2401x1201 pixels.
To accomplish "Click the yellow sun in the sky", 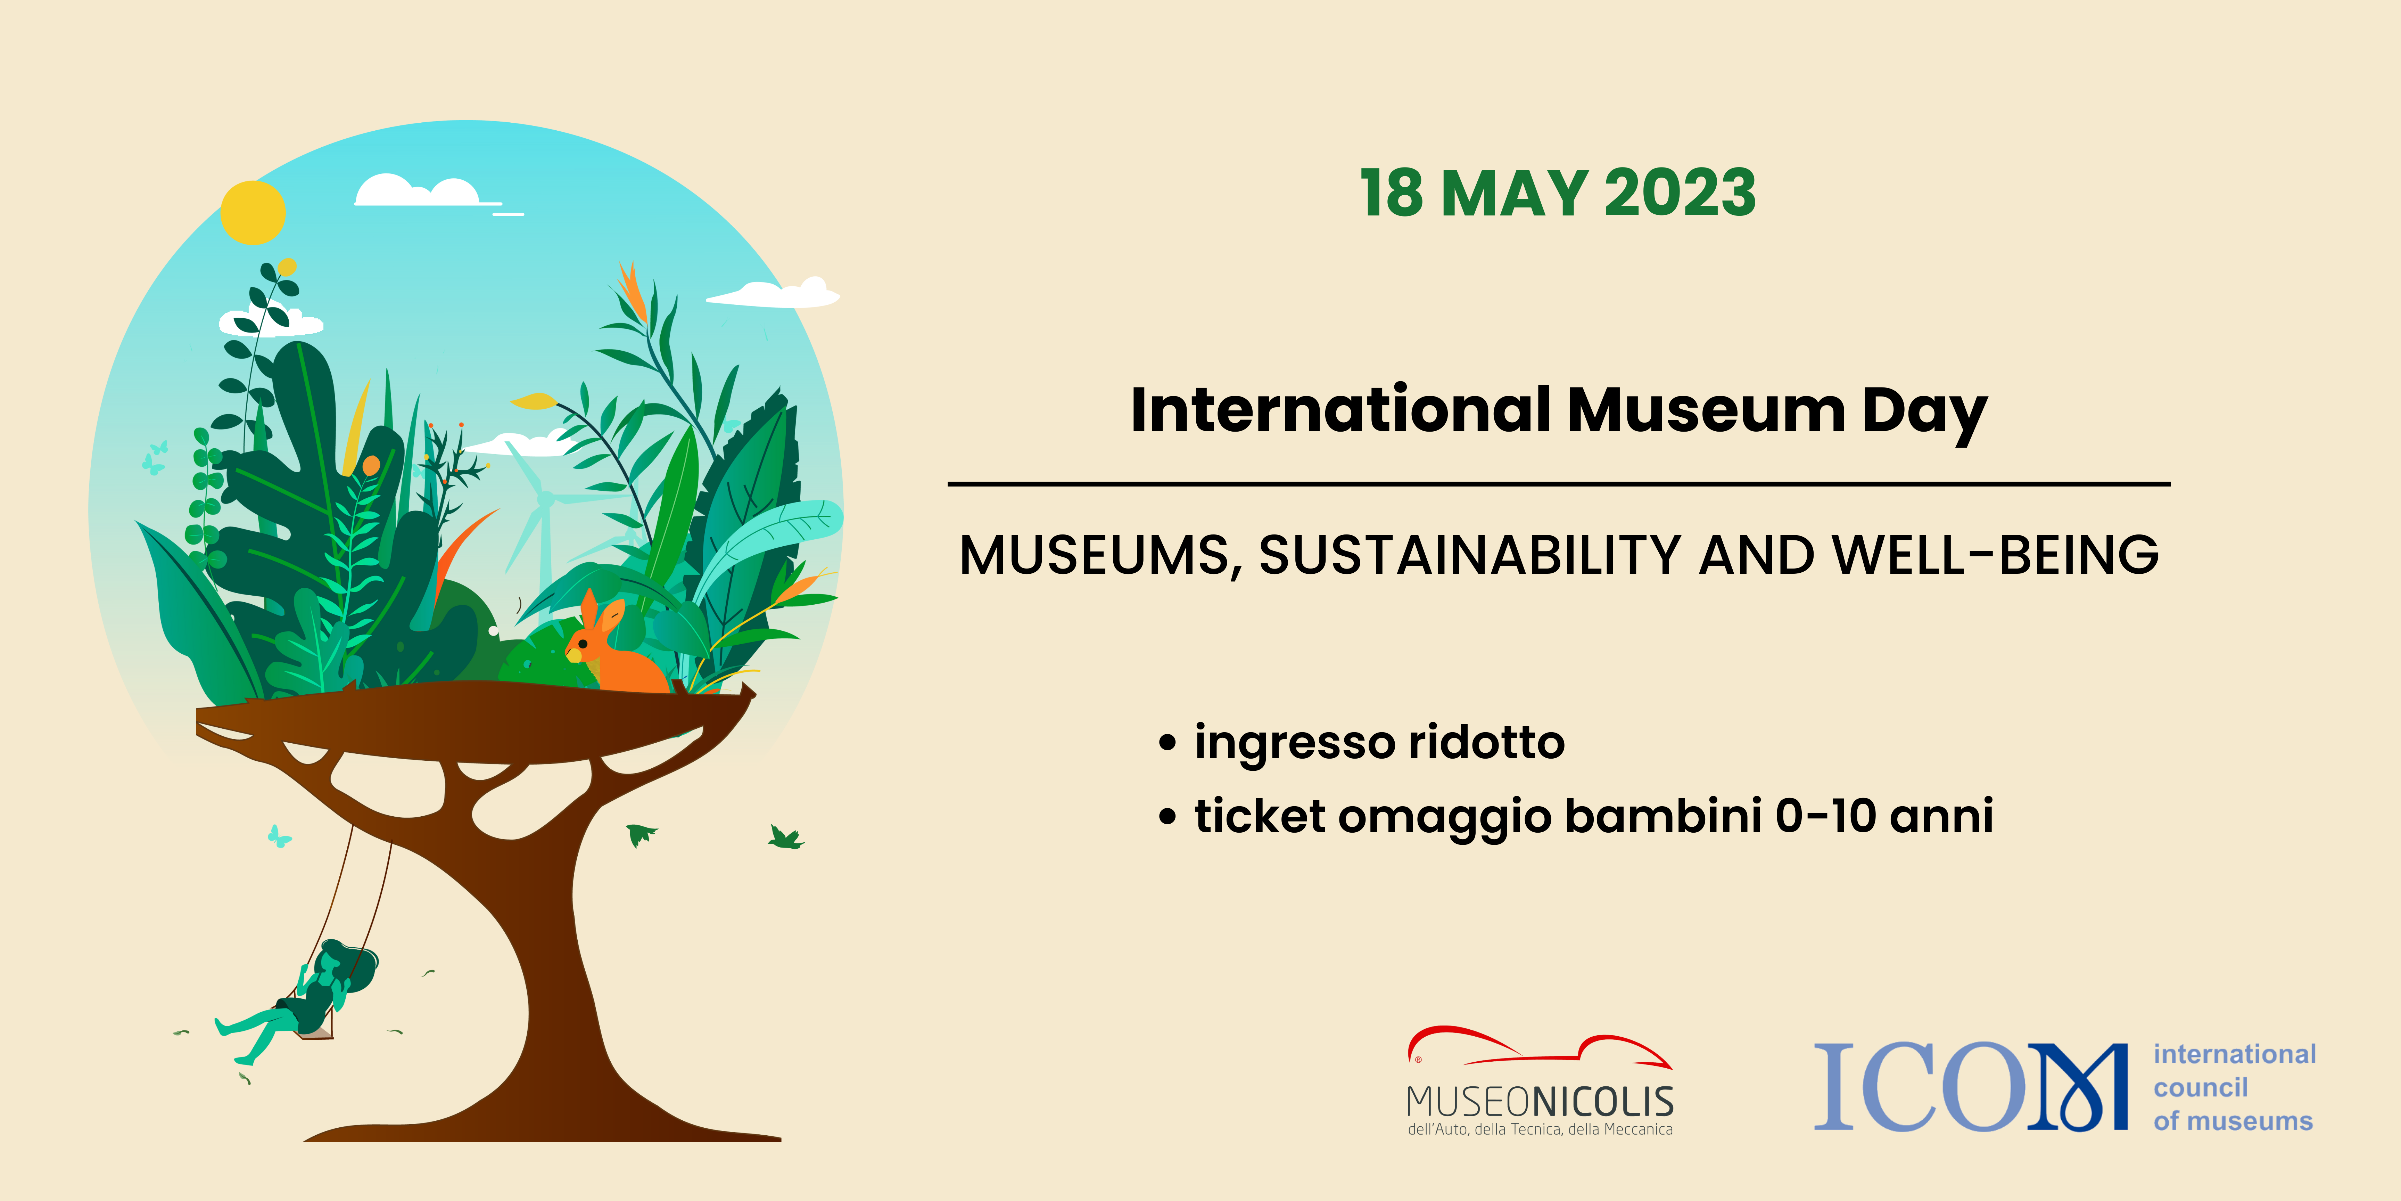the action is [253, 213].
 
